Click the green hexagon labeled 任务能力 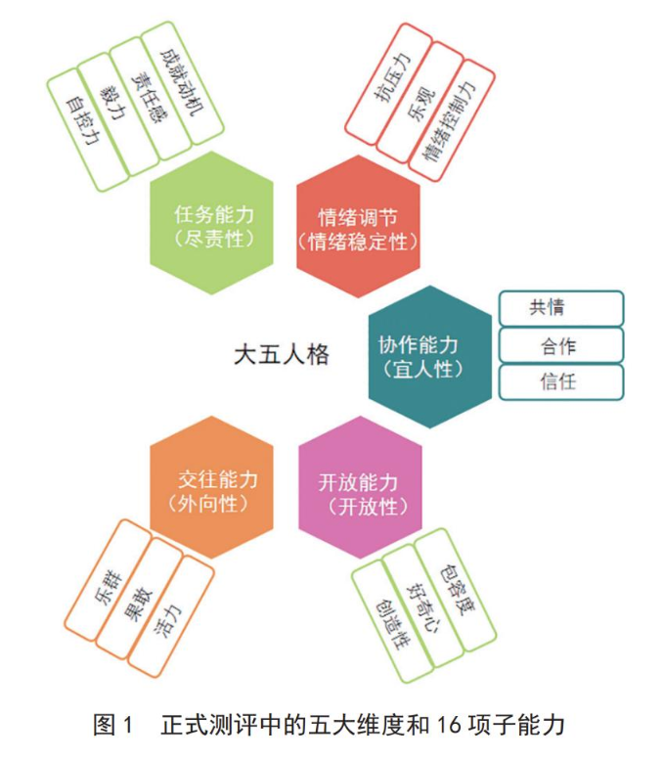coord(212,223)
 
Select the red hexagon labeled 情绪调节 coord(358,227)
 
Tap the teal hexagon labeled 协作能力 coord(429,357)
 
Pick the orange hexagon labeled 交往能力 coord(212,487)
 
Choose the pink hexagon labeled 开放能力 coord(361,487)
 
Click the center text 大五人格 coord(282,355)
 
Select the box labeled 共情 coord(561,308)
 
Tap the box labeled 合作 coord(561,345)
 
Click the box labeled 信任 coord(561,382)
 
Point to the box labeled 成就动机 coord(182,83)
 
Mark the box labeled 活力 coord(171,616)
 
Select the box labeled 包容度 coord(456,590)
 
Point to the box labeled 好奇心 coord(424,606)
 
